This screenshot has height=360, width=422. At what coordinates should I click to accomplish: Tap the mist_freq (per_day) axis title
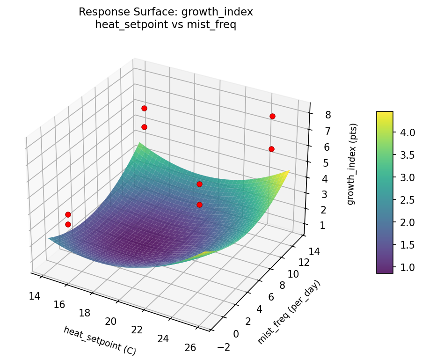(x=290, y=312)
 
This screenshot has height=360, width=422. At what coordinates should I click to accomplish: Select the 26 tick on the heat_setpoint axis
(x=190, y=347)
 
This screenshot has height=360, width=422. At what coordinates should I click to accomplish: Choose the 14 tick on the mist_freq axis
(x=314, y=251)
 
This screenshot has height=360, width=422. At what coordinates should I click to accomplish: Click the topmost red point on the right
(x=272, y=116)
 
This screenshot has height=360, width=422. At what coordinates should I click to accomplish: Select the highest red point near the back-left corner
(x=144, y=109)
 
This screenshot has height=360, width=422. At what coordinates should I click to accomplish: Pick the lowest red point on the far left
(x=68, y=224)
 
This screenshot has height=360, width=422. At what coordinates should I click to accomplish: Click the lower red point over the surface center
(x=199, y=205)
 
